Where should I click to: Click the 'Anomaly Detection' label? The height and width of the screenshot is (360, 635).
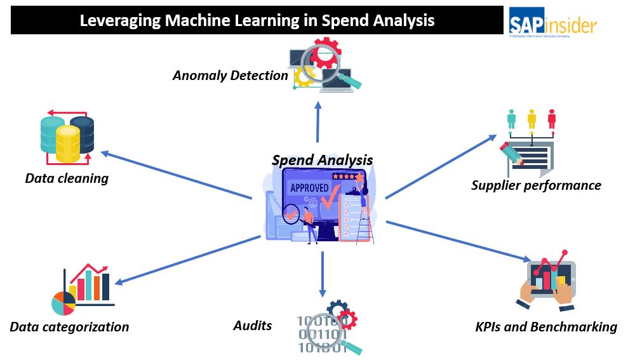(x=231, y=76)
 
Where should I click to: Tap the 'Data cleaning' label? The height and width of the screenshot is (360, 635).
(x=67, y=178)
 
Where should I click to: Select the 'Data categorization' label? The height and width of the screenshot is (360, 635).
(x=69, y=327)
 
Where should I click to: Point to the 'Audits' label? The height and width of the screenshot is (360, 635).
(x=252, y=326)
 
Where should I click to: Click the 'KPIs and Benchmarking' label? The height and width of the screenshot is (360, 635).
(x=546, y=327)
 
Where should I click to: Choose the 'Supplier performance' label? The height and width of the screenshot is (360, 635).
(x=536, y=185)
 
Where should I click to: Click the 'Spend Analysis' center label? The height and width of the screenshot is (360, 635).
(x=322, y=160)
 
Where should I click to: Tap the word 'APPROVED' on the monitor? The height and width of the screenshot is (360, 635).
(x=309, y=188)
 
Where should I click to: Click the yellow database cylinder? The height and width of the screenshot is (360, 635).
(x=67, y=143)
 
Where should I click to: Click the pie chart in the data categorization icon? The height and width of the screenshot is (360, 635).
(x=63, y=303)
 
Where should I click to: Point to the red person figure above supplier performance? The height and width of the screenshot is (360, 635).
(x=552, y=119)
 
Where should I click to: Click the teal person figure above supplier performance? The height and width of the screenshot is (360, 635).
(x=511, y=119)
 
